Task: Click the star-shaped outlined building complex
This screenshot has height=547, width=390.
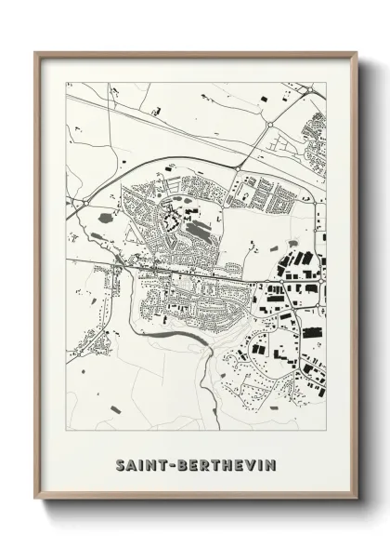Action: [171, 221]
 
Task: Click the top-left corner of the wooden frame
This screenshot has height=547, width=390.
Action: [36, 52]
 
